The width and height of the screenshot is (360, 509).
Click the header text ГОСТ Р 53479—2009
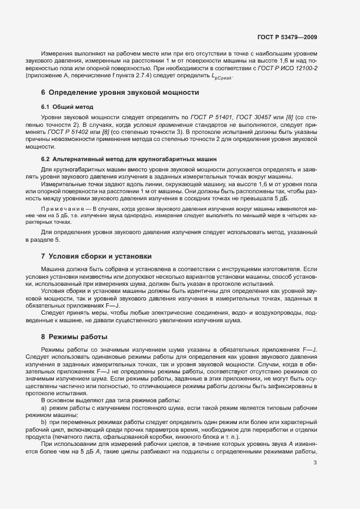point(287,37)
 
